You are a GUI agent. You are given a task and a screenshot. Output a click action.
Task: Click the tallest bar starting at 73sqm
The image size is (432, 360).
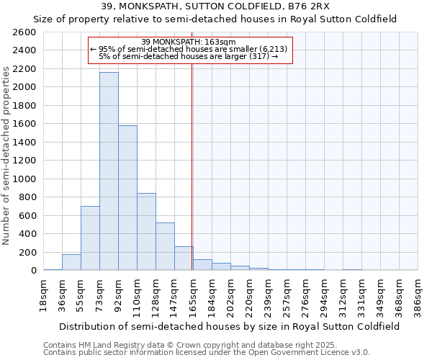pyautogui.click(x=109, y=171)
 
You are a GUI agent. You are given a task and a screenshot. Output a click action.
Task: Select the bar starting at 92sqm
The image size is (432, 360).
pyautogui.click(x=127, y=198)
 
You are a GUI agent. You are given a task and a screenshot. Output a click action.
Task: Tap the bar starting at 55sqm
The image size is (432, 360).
pyautogui.click(x=90, y=238)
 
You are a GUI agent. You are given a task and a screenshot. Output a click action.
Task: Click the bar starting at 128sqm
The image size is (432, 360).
pyautogui.click(x=165, y=246)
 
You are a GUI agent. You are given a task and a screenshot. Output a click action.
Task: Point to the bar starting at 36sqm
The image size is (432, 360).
pyautogui.click(x=71, y=262)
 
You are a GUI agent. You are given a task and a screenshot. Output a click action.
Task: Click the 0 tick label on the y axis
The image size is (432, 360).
pyautogui.click(x=33, y=271)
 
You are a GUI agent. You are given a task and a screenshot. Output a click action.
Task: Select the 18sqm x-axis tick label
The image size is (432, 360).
pyautogui.click(x=43, y=294)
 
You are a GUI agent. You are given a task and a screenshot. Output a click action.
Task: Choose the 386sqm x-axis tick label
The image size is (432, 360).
pyautogui.click(x=418, y=294)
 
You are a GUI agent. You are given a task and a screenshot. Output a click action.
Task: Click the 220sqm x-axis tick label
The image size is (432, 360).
pyautogui.click(x=249, y=294)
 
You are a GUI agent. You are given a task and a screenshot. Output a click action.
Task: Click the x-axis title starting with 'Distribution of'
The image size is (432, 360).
pyautogui.click(x=230, y=326)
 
